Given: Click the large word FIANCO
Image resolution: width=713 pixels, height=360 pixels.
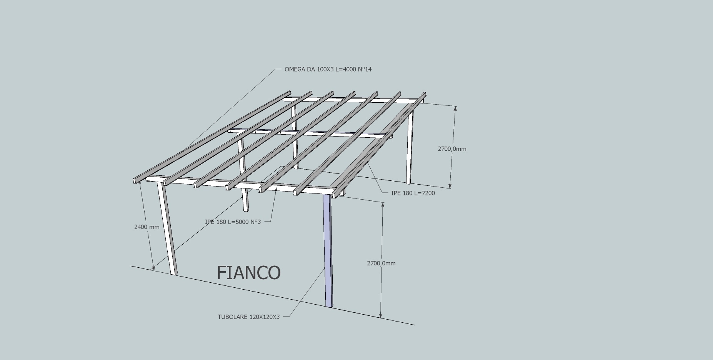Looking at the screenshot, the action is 249,273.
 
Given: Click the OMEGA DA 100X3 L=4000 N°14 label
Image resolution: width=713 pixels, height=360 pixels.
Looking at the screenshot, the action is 328,69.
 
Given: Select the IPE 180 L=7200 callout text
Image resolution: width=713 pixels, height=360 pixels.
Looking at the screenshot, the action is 413,193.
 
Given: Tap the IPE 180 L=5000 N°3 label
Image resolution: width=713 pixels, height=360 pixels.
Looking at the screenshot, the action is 233,222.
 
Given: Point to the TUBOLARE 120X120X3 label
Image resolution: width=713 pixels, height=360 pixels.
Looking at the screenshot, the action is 248,317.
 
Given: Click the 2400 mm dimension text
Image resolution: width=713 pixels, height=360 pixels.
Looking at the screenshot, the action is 147,227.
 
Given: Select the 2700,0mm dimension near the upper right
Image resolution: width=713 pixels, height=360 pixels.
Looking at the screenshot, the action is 452,149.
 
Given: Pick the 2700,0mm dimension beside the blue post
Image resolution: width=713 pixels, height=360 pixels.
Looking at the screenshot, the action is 381,263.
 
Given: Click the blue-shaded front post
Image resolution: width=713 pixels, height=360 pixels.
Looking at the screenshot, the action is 328,250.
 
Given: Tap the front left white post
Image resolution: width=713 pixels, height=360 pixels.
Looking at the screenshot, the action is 167,228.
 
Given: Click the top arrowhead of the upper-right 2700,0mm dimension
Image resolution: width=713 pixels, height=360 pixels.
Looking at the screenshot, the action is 455,108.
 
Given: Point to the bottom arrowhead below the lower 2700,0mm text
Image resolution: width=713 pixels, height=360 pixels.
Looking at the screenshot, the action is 381,315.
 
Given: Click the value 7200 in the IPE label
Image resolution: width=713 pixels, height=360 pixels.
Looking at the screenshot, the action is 429,193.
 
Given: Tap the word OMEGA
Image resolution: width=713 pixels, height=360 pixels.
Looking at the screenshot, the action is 295,69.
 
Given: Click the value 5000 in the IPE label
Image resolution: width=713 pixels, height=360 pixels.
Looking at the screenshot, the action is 242,222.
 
